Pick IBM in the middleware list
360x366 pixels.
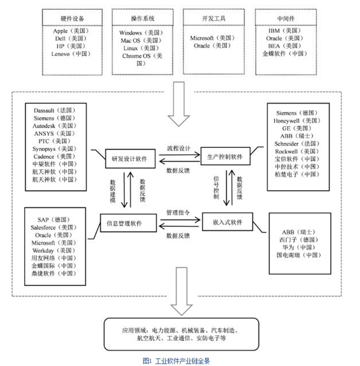(x=283, y=32)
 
